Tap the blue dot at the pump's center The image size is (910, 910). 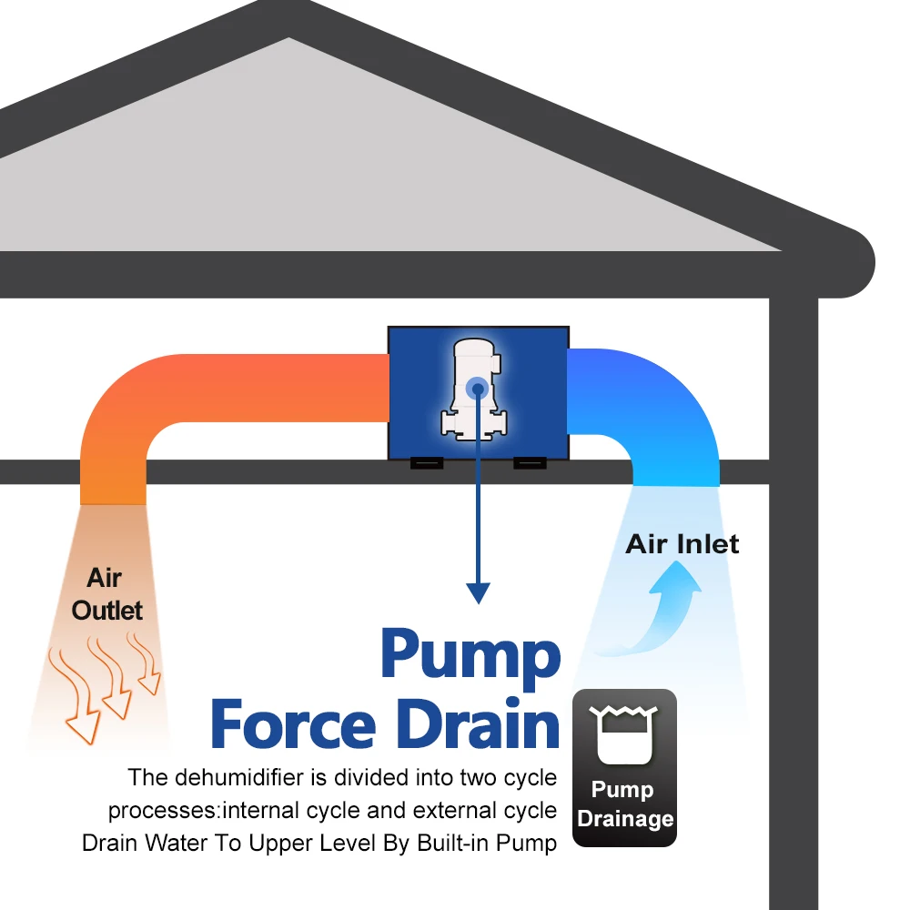point(476,389)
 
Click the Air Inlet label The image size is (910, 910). point(682,544)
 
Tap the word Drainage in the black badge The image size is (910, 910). point(625,818)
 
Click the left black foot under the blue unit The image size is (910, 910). point(426,462)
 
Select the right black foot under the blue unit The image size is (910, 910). point(530,462)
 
